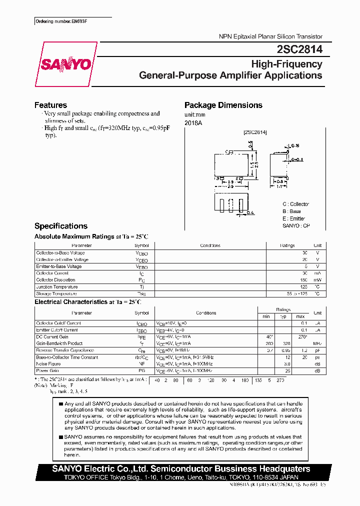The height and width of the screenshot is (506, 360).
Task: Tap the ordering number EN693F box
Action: pos(64,21)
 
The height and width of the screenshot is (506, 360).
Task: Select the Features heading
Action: pos(50,105)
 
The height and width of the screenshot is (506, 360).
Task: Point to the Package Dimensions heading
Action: pos(223,105)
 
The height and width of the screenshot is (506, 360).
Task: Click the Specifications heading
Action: pos(60,226)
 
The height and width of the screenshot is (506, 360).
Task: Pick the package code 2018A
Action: pos(193,122)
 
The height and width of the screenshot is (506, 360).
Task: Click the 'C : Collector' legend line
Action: pos(295,204)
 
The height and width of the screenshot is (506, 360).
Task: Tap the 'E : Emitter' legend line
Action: pos(293,218)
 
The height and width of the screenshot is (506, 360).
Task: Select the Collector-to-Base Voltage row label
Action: pos(60,253)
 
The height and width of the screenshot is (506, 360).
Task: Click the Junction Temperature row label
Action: pos(57,287)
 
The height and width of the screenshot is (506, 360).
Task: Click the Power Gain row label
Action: pos(47,370)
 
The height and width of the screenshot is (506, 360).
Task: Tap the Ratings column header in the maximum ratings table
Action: pos(287,245)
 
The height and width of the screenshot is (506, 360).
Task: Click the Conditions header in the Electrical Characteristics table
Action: pos(206,313)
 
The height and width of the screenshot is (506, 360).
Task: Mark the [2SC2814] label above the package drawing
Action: pos(255,132)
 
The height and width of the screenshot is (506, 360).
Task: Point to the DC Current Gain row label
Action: pos(52,337)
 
